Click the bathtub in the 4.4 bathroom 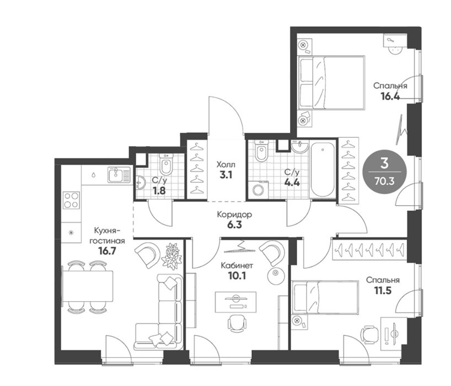click(323, 170)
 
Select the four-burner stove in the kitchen click(71, 200)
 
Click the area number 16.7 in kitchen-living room click(107, 251)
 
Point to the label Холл click(226, 165)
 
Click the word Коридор click(234, 215)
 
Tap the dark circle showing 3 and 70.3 click(384, 171)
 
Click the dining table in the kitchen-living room click(88, 286)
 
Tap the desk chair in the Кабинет click(237, 323)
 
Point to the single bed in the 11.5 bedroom click(325, 297)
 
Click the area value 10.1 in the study click(237, 276)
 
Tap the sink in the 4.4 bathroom click(300, 146)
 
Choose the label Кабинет click(237, 265)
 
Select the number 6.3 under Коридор click(234, 224)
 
